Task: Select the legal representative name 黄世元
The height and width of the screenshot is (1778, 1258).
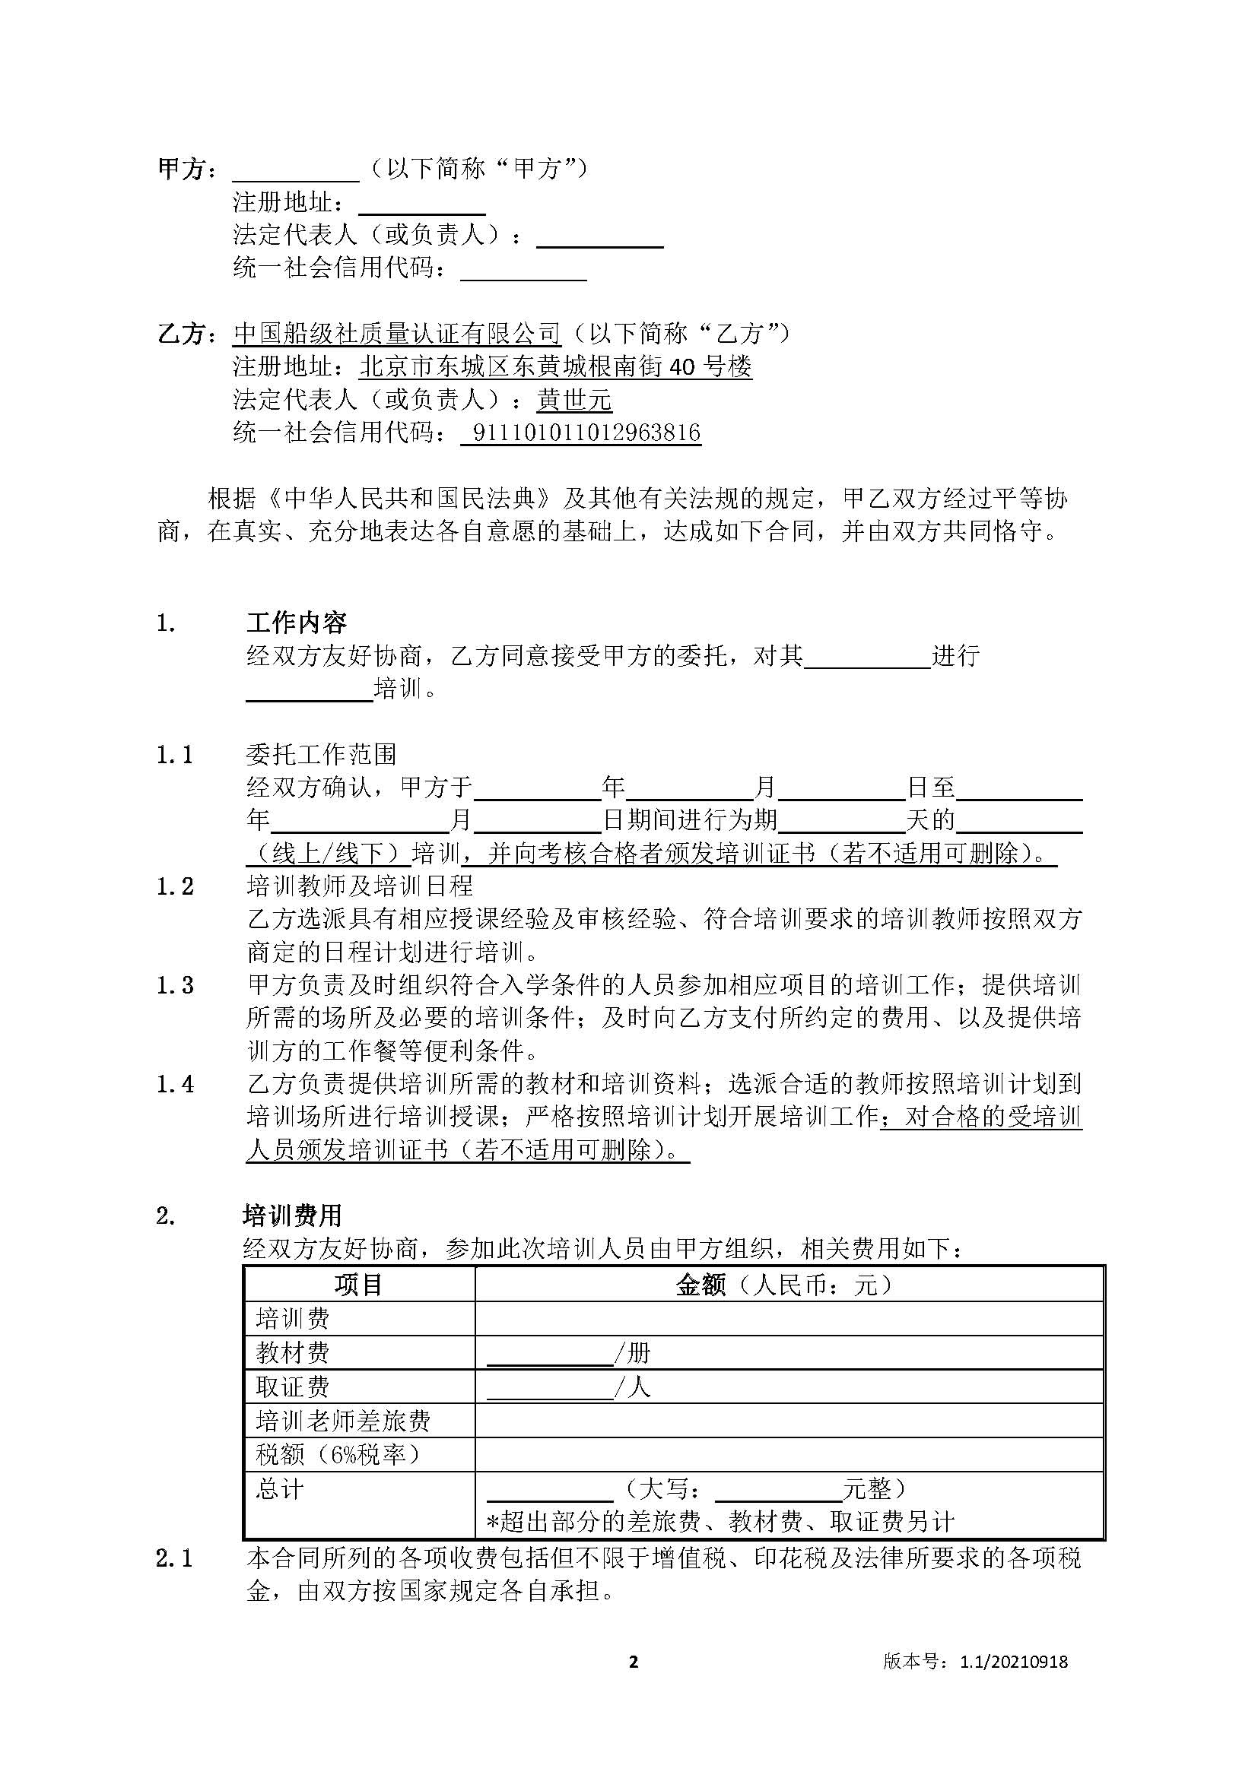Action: click(574, 400)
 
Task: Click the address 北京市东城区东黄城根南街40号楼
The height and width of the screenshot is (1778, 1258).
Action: click(555, 366)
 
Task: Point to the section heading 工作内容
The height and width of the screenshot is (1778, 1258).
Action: click(297, 623)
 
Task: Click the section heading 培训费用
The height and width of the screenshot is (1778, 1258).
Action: click(292, 1215)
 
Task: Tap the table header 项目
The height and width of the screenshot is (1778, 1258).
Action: click(359, 1285)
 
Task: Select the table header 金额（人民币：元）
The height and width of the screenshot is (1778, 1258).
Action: click(787, 1285)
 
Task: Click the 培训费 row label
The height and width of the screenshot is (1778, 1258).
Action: click(293, 1318)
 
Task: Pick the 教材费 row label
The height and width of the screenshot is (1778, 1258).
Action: click(293, 1352)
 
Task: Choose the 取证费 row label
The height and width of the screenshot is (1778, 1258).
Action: click(293, 1387)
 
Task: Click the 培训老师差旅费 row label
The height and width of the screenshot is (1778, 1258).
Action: click(343, 1420)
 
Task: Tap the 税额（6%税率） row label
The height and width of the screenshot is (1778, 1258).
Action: click(339, 1454)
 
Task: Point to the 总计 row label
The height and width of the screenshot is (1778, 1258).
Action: click(280, 1488)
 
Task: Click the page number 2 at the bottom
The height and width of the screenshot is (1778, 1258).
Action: click(634, 1660)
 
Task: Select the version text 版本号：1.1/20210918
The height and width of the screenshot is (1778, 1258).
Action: click(975, 1661)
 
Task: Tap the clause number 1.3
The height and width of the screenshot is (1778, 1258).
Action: click(175, 985)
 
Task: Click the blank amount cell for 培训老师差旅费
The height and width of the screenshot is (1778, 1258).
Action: click(789, 1420)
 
